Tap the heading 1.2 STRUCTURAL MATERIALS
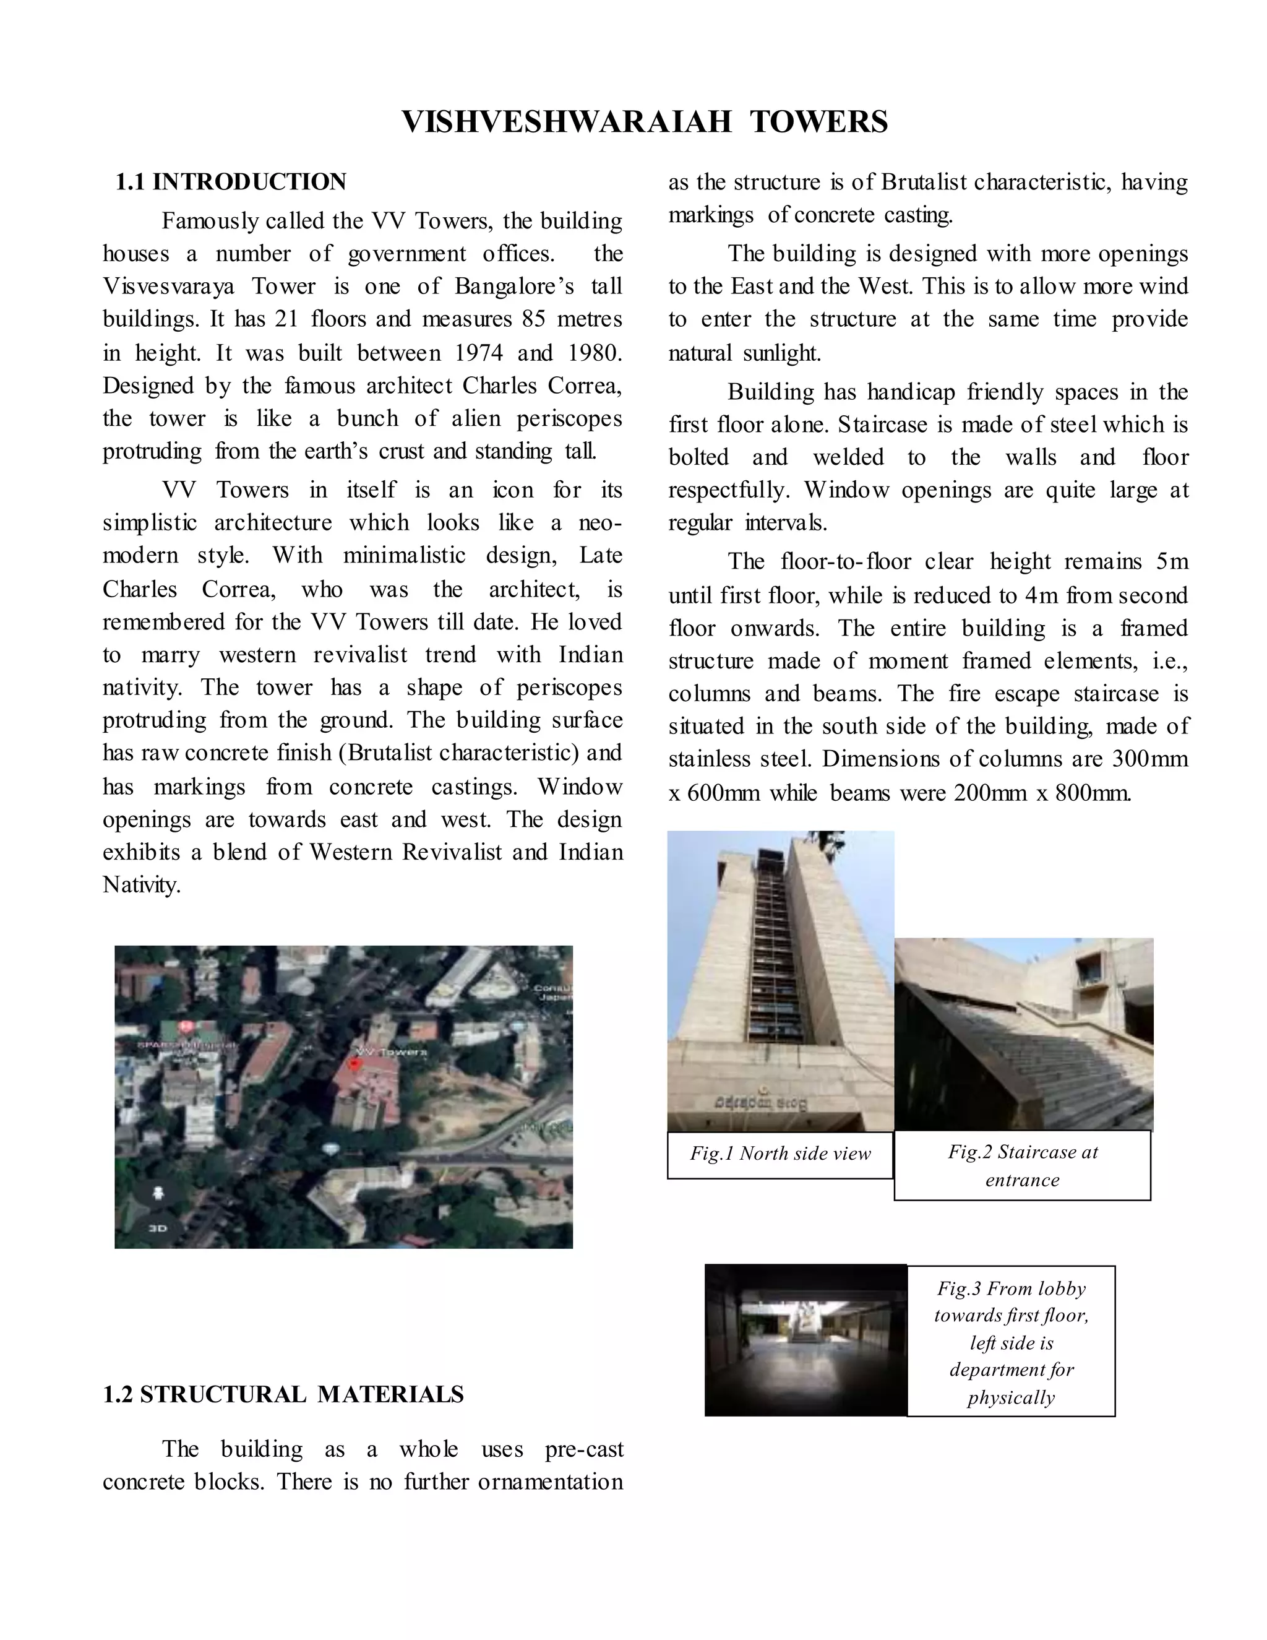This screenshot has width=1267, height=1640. tap(283, 1394)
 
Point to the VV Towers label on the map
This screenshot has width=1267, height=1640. tap(391, 1052)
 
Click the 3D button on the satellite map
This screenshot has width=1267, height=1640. tap(157, 1228)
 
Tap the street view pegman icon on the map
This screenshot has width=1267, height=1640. tap(158, 1193)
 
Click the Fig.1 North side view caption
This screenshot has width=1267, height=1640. tap(780, 1154)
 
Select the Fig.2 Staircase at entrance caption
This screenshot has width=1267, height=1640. tap(1021, 1165)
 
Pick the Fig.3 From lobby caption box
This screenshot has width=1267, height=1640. tap(1010, 1342)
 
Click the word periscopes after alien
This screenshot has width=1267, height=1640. tap(569, 418)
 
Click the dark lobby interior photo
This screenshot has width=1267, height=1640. tap(805, 1340)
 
